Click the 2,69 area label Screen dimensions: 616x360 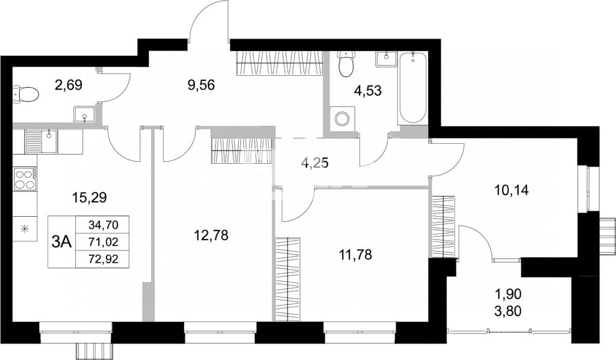point(69,85)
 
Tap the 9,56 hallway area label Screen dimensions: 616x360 point(201,85)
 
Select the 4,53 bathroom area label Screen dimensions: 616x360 point(368,91)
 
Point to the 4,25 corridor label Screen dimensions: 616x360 point(314,163)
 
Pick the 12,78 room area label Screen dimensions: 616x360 point(211,235)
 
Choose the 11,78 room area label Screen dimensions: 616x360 point(355,255)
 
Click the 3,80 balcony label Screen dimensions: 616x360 point(508,311)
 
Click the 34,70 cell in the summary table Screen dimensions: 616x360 point(104,225)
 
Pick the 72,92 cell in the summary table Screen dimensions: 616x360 point(104,259)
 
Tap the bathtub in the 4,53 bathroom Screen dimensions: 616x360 point(412,88)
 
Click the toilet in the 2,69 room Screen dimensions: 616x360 point(26,95)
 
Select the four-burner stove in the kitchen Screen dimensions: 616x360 point(25,179)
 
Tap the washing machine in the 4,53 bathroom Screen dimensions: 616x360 point(342,118)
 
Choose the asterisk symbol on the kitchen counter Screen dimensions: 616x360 point(25,229)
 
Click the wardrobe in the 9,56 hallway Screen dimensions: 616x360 point(280,63)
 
